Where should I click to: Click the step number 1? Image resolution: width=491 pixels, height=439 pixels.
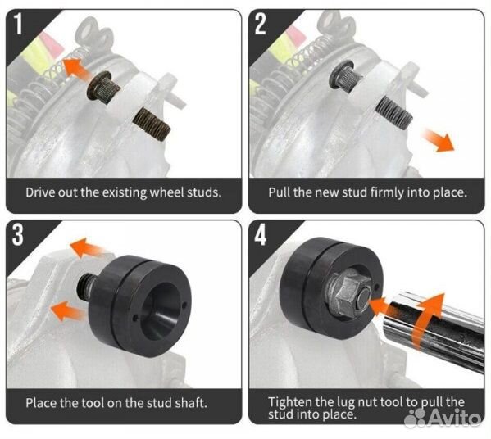point(19,24)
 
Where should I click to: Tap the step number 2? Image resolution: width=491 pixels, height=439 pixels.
point(260,24)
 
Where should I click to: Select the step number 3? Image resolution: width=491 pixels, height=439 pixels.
point(18,234)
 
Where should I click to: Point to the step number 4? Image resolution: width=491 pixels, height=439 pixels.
point(261,234)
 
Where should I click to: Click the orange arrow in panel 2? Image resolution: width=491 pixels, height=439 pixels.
point(438,140)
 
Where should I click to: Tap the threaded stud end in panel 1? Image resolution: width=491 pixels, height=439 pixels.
point(152,124)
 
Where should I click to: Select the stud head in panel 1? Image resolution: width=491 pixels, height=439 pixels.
point(99,85)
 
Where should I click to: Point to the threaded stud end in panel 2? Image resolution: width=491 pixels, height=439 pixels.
point(394,112)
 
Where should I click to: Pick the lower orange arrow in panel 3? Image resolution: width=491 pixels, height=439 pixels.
point(67,310)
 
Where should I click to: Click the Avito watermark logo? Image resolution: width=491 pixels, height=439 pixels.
point(442,418)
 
